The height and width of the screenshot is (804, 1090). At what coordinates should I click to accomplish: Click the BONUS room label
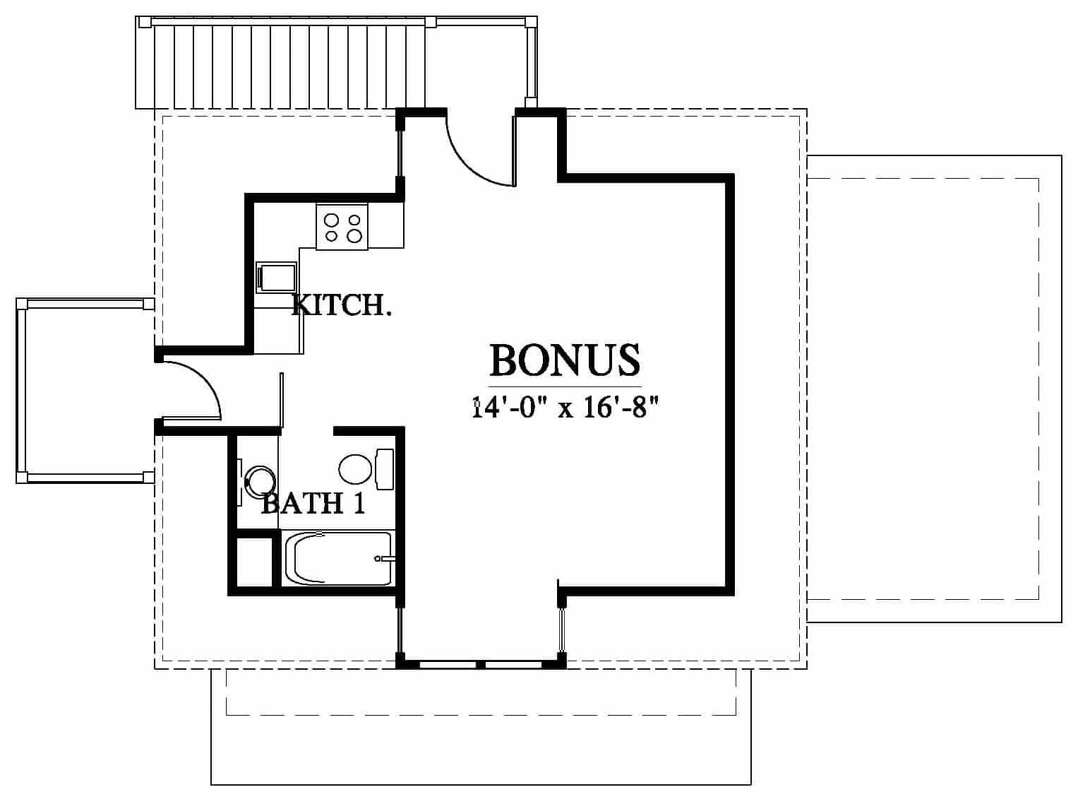point(565,360)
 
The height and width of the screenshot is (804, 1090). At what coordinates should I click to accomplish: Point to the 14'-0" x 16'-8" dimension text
point(565,407)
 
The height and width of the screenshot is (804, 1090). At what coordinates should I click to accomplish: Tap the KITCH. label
point(342,305)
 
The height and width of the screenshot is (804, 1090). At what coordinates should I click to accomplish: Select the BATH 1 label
point(313,504)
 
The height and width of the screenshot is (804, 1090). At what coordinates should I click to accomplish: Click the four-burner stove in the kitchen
point(342,227)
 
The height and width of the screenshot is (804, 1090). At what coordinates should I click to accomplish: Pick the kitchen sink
point(277,278)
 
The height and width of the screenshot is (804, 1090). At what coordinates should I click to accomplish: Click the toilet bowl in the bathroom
point(355,469)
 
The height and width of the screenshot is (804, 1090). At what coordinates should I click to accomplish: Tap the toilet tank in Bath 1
point(385,469)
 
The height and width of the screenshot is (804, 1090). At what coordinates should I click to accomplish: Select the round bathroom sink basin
point(259,481)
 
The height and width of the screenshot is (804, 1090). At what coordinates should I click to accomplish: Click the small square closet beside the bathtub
point(254,562)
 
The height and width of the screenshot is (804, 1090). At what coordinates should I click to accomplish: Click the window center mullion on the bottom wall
point(480,664)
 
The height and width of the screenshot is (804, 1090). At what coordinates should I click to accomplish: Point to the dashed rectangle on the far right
point(923,389)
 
